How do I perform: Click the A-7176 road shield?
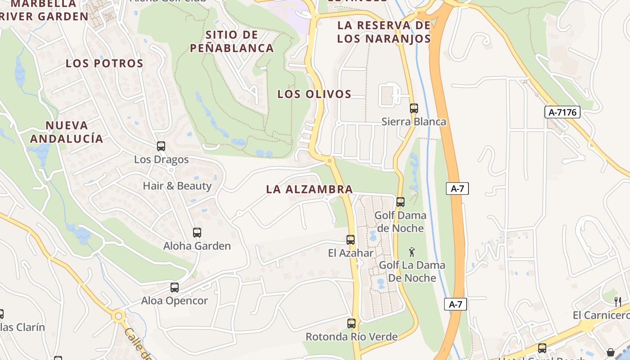click(562, 112)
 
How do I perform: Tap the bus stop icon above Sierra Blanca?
click(414, 108)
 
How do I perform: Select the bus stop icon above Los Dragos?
click(161, 146)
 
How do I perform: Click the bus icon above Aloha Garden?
click(197, 233)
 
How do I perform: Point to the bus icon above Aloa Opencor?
click(174, 288)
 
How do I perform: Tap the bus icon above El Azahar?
click(351, 240)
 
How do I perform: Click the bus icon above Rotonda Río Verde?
click(351, 323)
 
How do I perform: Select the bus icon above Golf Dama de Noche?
click(400, 202)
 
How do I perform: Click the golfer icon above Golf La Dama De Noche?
click(411, 252)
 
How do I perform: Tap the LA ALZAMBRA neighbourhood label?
click(309, 189)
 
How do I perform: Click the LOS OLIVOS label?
click(314, 94)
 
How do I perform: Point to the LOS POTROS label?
click(104, 63)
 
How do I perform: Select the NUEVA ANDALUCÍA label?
click(67, 132)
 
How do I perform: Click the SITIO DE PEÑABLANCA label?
click(232, 41)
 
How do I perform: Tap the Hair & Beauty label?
click(177, 186)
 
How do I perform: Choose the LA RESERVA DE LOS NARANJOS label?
click(384, 31)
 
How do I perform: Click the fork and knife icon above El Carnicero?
click(618, 301)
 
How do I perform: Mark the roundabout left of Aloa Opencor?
click(118, 316)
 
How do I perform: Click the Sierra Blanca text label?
click(414, 121)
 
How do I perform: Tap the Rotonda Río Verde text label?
click(351, 337)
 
